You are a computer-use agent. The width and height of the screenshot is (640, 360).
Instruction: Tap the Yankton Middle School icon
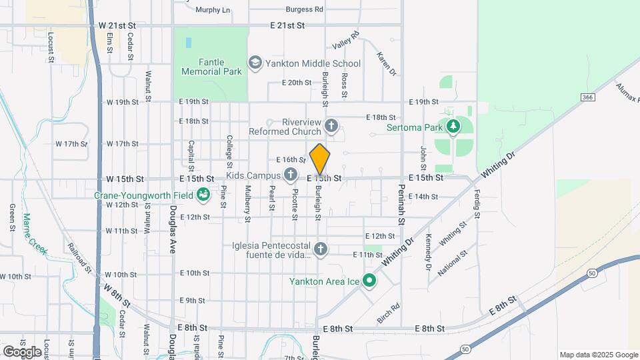[x=255, y=63]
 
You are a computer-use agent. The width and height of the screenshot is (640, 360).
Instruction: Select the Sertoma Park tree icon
[x=454, y=127]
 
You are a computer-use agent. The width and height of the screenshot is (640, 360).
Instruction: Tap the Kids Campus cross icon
[x=290, y=175]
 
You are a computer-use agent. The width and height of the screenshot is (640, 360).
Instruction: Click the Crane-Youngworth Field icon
[x=203, y=195]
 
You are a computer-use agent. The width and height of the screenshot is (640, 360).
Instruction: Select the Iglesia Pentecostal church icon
[x=321, y=249]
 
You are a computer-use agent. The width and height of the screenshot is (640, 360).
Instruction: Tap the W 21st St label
[x=117, y=25]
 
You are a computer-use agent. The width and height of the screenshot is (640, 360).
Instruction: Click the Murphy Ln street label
[x=213, y=10]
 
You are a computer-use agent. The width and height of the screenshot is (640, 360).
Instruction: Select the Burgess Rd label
[x=304, y=9]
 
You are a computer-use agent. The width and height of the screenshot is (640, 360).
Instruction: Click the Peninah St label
[x=402, y=209]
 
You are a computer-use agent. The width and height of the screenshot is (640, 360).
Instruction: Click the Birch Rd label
[x=388, y=313]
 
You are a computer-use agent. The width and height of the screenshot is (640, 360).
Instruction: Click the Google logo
[x=22, y=351]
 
